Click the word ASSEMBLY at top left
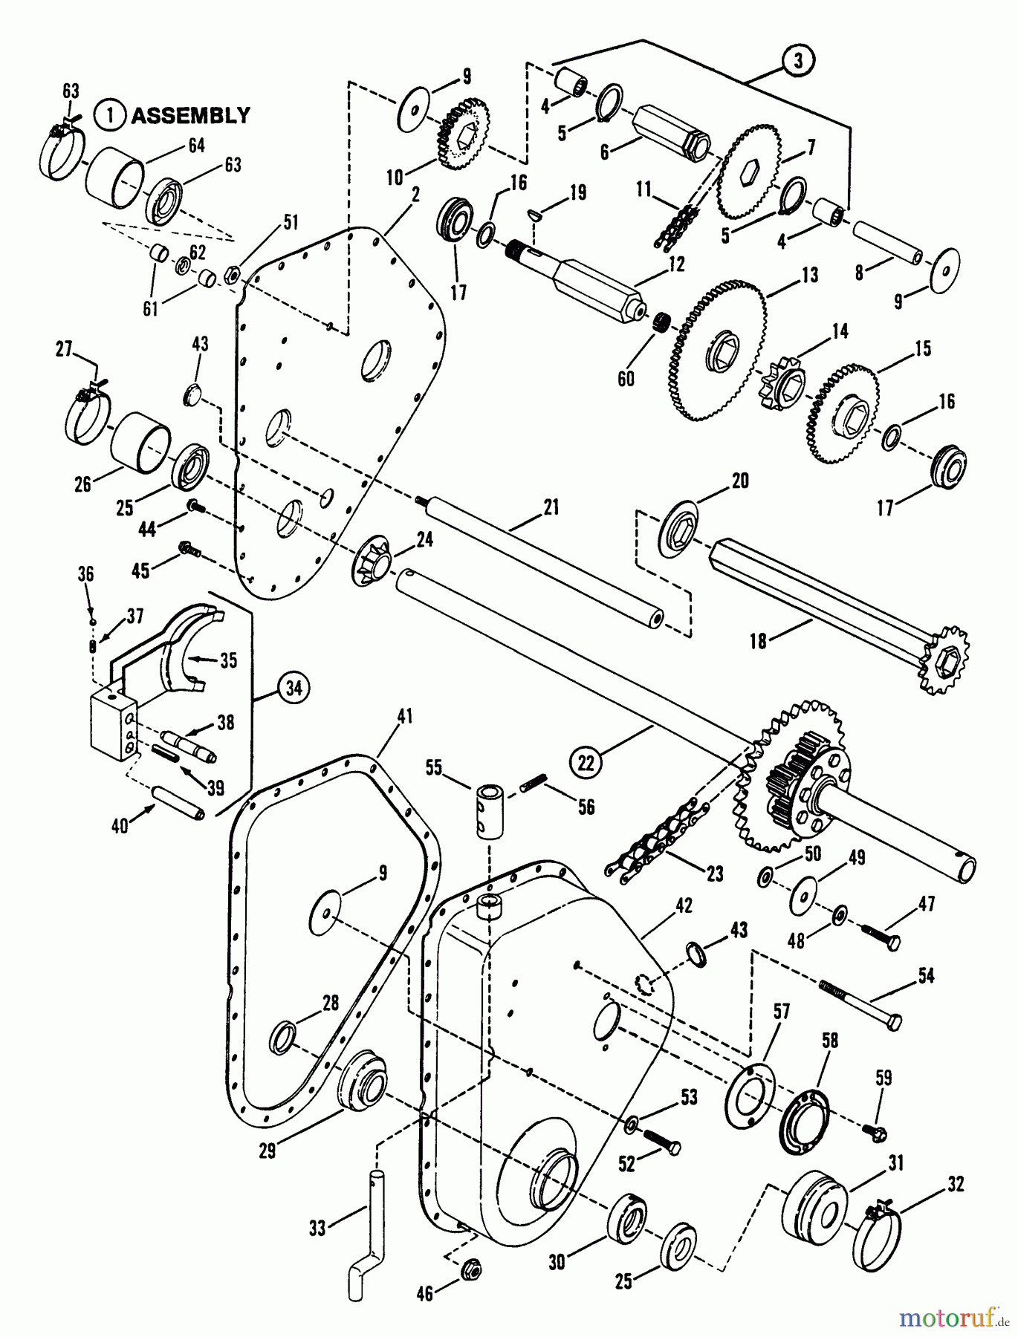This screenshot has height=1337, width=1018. [190, 116]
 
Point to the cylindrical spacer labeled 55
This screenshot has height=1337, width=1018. [488, 812]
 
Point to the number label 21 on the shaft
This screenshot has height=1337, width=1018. [551, 507]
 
